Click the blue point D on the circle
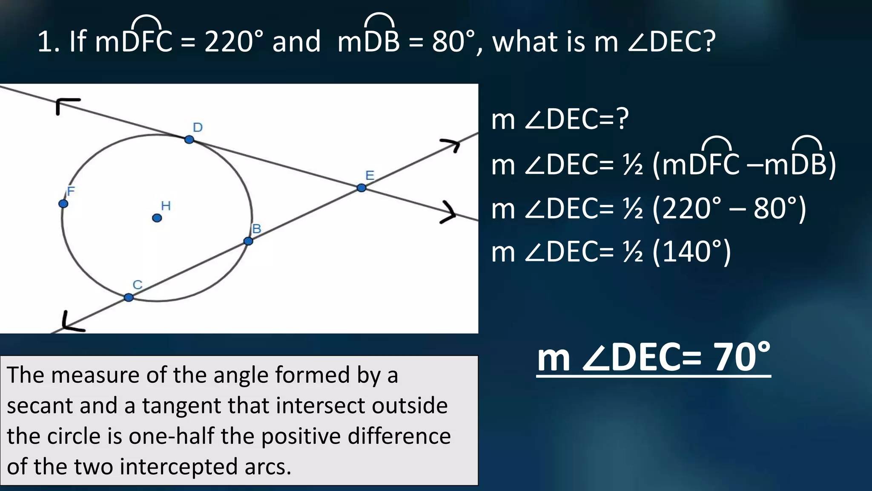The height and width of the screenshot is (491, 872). (x=189, y=139)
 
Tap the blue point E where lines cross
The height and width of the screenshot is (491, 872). (x=361, y=188)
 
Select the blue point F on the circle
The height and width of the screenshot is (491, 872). (x=63, y=204)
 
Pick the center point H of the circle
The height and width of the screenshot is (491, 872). (x=157, y=218)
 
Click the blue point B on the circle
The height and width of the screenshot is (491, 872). (x=248, y=241)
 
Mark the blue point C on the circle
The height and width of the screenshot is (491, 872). (x=129, y=297)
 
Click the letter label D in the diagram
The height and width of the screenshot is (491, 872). (x=198, y=127)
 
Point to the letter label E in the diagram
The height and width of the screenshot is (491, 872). (x=370, y=175)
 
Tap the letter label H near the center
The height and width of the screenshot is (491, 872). (x=166, y=206)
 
